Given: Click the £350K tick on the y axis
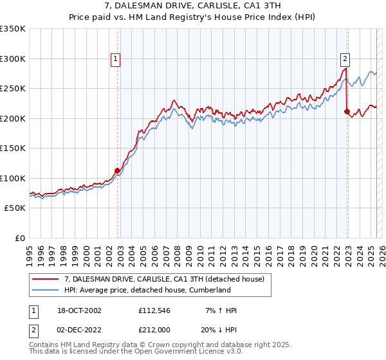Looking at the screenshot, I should (x=12, y=29).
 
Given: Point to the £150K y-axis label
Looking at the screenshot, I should (x=12, y=148).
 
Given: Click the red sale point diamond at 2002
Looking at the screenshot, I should (x=118, y=171).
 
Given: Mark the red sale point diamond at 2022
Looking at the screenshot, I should (x=347, y=111).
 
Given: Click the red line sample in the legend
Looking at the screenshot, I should (x=44, y=278).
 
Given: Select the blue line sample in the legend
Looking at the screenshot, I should (x=44, y=290).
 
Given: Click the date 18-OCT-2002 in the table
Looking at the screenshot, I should (x=75, y=310).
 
